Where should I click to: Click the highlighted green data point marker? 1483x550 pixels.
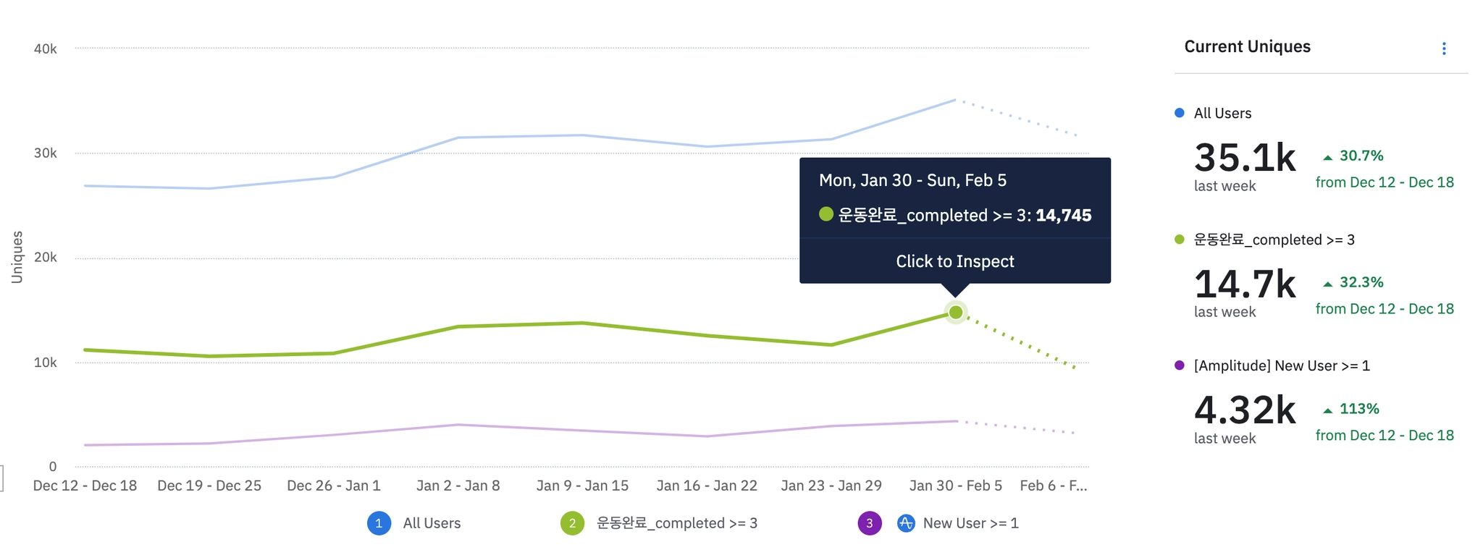point(956,313)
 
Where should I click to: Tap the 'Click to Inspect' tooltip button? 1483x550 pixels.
point(954,261)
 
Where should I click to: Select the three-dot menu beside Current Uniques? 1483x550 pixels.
point(1444,48)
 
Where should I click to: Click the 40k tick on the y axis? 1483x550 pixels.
point(45,49)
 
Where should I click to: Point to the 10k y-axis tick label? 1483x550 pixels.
point(45,363)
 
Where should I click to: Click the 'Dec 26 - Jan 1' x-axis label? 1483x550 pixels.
point(333,486)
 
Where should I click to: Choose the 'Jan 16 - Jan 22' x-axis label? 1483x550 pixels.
point(707,486)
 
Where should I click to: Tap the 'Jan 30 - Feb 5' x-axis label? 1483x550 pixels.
point(955,486)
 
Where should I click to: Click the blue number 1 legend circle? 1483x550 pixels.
point(379,523)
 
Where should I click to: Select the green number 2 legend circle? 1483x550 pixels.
point(572,523)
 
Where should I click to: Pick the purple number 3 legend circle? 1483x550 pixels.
point(870,523)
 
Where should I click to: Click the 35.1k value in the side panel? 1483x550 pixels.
point(1244,157)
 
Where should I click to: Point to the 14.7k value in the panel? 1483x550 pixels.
point(1244,284)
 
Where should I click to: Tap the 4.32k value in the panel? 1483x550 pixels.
point(1244,410)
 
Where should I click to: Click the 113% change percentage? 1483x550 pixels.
point(1358,409)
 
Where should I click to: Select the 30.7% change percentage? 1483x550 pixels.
point(1361,156)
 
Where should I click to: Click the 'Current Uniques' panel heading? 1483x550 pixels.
point(1247,47)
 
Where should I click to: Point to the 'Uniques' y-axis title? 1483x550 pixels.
point(17,257)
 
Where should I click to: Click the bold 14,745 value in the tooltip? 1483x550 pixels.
point(1063,216)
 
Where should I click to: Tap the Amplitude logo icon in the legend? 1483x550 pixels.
point(906,523)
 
